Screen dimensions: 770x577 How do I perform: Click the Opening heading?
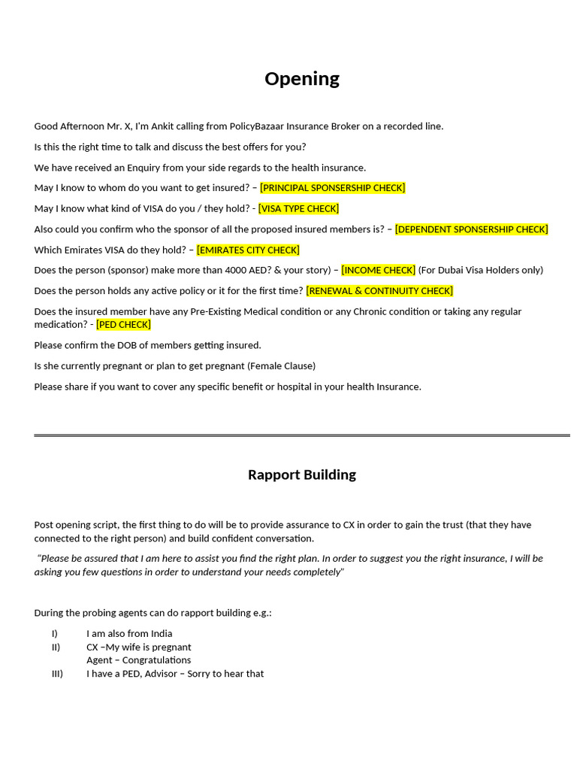coord(302,78)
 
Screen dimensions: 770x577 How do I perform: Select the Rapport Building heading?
coord(302,474)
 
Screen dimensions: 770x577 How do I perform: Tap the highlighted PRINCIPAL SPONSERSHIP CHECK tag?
coord(332,188)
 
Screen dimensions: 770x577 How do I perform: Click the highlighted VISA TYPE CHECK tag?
coord(298,208)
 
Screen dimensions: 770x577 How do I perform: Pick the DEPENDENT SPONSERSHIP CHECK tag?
coord(471,229)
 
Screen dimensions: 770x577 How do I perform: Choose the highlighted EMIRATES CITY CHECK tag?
coord(248,250)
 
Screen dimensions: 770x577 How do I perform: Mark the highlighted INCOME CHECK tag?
coord(378,270)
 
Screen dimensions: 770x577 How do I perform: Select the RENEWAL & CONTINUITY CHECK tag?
coord(379,291)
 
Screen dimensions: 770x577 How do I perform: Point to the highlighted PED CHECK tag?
coord(124,325)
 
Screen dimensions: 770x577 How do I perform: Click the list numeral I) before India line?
coord(54,634)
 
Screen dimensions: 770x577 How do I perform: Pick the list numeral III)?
coord(57,674)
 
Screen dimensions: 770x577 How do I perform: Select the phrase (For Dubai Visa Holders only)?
coord(480,270)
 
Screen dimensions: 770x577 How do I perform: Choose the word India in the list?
coord(161,634)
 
